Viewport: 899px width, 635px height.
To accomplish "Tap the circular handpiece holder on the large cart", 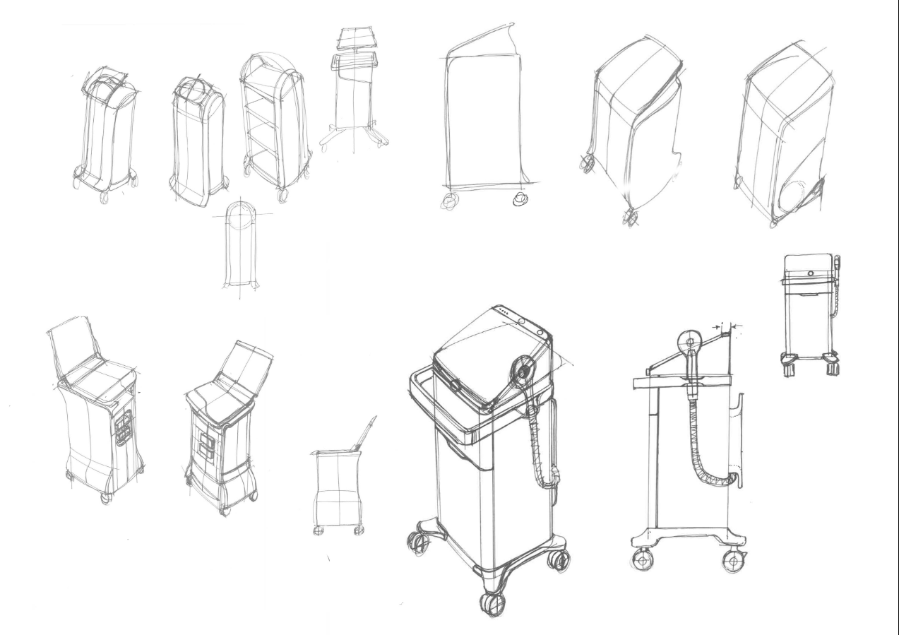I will click(523, 368).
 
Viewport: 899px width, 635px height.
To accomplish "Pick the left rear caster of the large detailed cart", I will click(417, 540).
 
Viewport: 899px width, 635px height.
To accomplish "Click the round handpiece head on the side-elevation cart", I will click(689, 343).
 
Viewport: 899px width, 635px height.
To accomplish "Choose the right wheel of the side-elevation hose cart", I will click(734, 562).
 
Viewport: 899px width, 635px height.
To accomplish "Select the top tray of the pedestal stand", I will click(356, 38).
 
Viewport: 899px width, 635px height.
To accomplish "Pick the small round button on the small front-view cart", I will click(809, 272).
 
